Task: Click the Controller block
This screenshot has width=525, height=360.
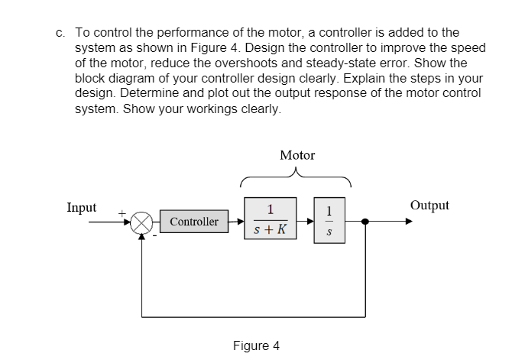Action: click(193, 222)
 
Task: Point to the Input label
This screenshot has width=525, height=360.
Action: click(82, 207)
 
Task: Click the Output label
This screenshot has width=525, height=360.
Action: click(429, 206)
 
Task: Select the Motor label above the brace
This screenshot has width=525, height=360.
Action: click(297, 155)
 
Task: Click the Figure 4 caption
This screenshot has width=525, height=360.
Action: click(256, 345)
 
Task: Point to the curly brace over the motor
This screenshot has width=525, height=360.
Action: click(297, 179)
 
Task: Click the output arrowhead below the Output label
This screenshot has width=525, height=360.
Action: click(410, 222)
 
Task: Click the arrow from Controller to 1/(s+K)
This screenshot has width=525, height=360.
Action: click(236, 222)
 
